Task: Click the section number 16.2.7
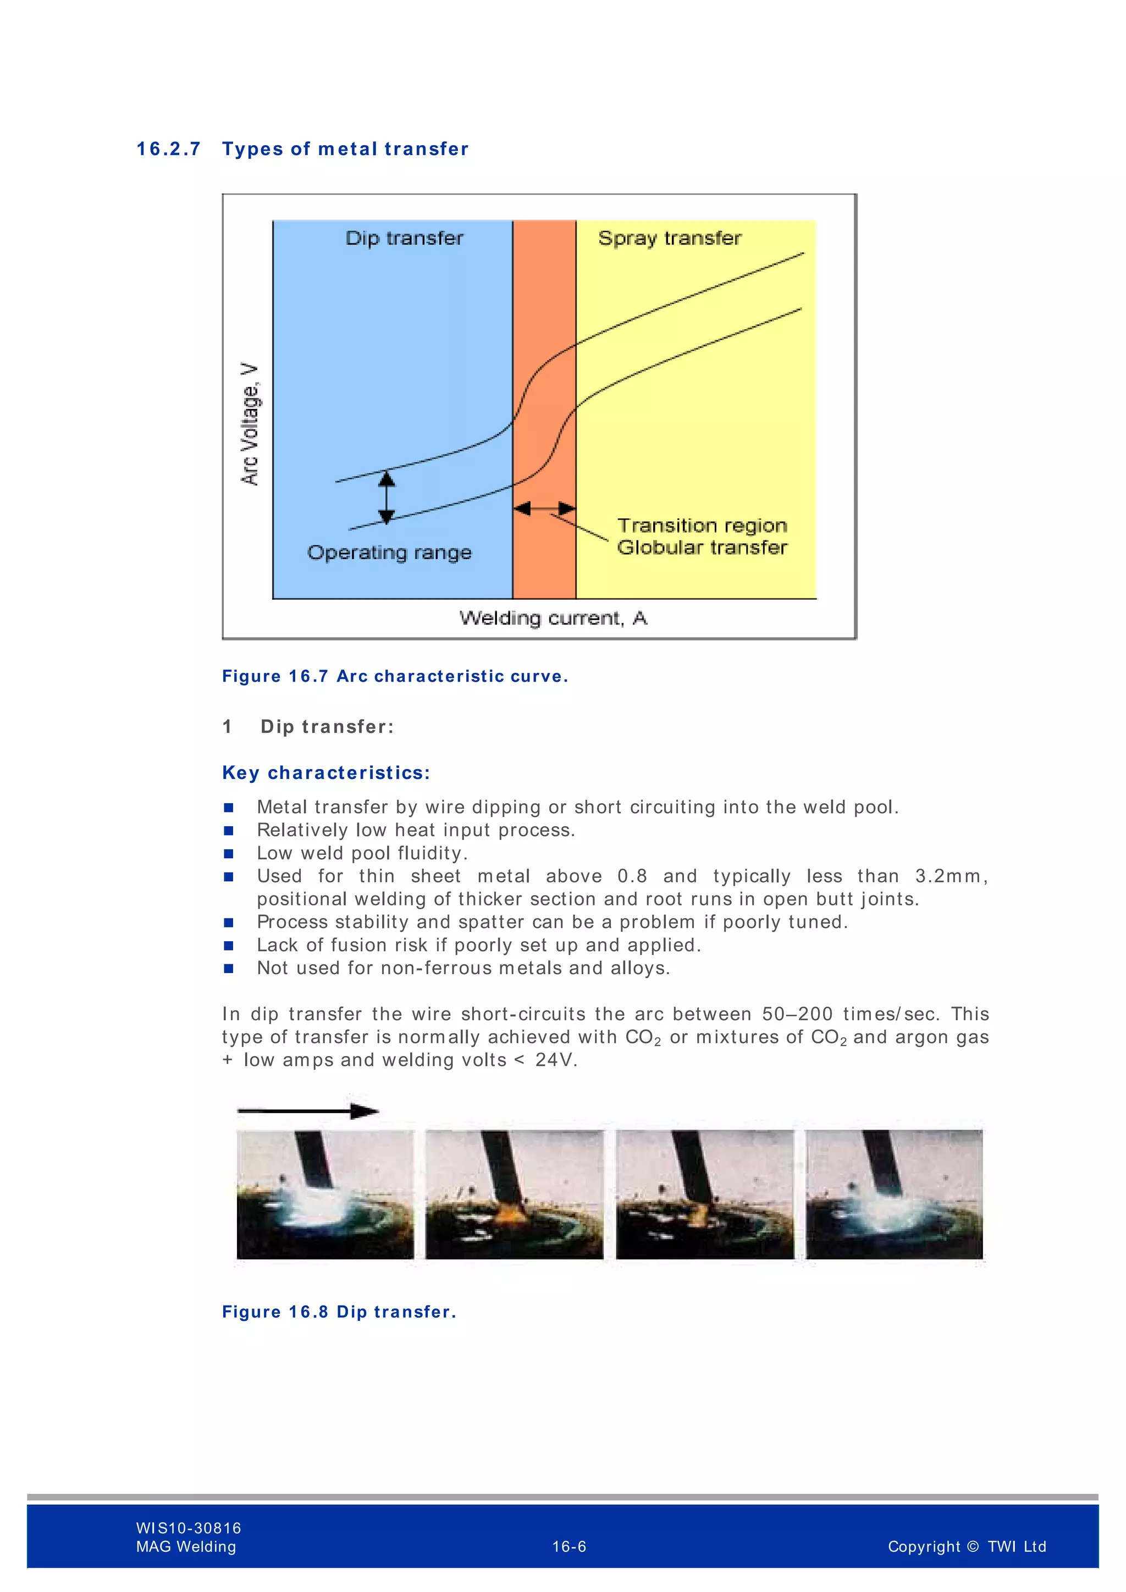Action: [168, 149]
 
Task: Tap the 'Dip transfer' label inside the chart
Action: [404, 238]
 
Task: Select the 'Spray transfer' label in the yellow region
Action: [669, 238]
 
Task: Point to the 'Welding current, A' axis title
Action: [553, 618]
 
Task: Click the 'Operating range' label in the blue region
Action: [389, 552]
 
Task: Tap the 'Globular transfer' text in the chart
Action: [702, 547]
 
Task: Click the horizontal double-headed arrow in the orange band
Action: [544, 509]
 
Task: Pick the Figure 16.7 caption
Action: [395, 676]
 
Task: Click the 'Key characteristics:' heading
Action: [326, 772]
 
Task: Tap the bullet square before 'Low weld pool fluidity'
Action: [229, 854]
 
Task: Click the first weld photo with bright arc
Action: [325, 1195]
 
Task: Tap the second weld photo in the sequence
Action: [515, 1195]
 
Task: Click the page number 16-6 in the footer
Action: [568, 1546]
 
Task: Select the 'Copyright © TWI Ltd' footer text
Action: [967, 1546]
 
